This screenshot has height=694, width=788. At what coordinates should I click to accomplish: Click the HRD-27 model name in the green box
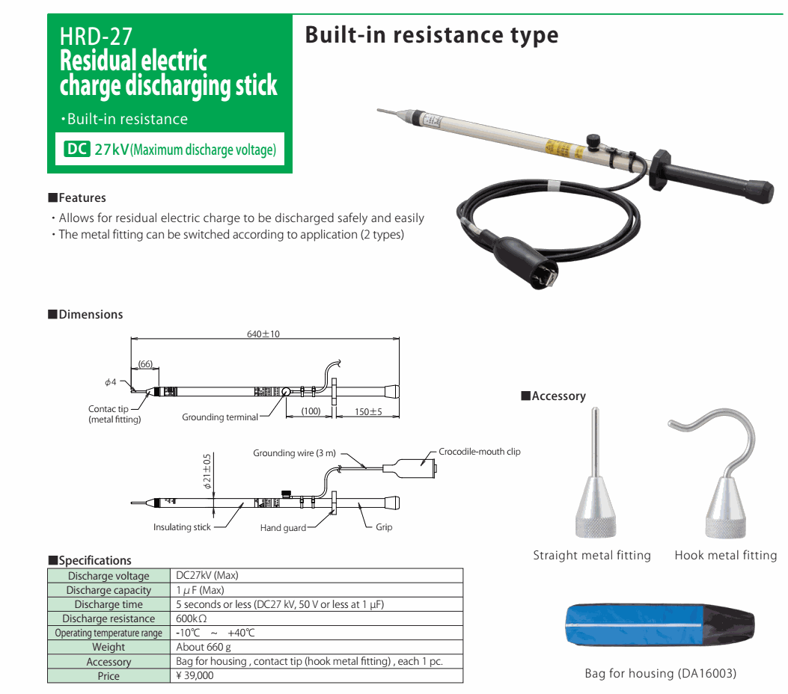(96, 36)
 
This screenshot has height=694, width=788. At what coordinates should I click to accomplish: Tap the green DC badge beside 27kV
(77, 149)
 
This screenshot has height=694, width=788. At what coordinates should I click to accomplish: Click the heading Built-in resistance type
(432, 35)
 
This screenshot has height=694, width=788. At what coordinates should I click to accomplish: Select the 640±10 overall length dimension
(263, 334)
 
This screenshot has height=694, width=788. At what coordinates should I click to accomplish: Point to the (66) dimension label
(145, 363)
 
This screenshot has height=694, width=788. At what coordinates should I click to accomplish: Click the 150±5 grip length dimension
(368, 412)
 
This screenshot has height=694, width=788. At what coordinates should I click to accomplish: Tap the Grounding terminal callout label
(219, 417)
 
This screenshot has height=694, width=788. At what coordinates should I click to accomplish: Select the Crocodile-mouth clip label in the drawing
(480, 452)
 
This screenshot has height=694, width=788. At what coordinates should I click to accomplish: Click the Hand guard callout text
(283, 527)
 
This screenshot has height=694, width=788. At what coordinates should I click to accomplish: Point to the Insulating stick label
(182, 526)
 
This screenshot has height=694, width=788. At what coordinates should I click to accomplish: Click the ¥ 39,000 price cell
(195, 675)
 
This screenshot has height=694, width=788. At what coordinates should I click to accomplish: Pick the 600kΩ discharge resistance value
(192, 618)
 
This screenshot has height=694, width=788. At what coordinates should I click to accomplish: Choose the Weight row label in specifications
(109, 647)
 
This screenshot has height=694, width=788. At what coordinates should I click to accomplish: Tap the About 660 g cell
(204, 647)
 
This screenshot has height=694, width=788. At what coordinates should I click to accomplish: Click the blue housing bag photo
(659, 625)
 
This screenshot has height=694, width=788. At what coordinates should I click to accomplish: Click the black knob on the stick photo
(593, 141)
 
